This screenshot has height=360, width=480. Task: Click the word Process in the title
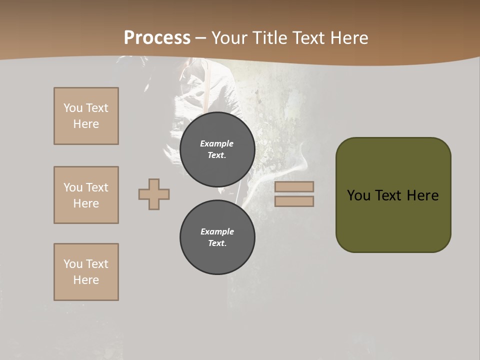pos(157,38)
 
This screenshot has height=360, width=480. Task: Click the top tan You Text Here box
pos(86,116)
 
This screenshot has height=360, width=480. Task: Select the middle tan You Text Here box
pos(86,195)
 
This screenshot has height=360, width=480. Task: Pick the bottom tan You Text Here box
pos(86,272)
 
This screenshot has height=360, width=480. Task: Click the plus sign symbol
pos(154,194)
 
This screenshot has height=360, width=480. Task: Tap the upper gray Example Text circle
pos(217,149)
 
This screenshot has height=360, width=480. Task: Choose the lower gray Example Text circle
pos(217,237)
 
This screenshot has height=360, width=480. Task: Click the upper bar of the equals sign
pos(294,186)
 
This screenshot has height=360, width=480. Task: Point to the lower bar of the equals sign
pos(294,201)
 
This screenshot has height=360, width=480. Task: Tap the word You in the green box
pos(358,195)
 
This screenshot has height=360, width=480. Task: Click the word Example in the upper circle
pos(217,143)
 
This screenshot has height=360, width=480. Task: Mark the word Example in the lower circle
pos(217,231)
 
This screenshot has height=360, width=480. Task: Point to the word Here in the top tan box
pos(86,124)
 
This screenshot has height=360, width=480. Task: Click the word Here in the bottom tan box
pos(86,280)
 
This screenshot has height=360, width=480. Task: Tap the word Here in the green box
pos(423,195)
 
